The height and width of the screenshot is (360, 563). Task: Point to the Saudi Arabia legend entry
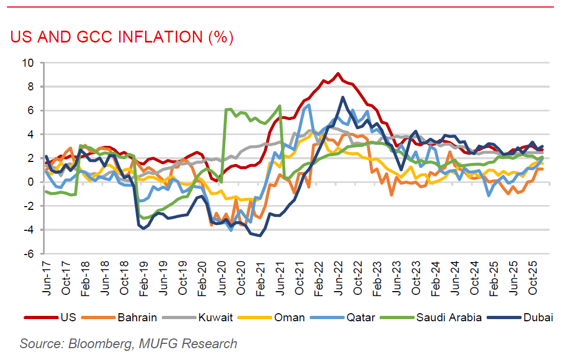(x=449, y=317)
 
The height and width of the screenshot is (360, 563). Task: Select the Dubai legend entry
(x=538, y=317)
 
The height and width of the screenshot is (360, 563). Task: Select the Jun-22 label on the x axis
(x=338, y=277)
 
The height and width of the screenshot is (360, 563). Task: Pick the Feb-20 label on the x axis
(x=202, y=277)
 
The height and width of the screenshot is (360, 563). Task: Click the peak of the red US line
(x=338, y=73)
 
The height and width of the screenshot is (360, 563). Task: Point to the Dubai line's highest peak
(x=343, y=97)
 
